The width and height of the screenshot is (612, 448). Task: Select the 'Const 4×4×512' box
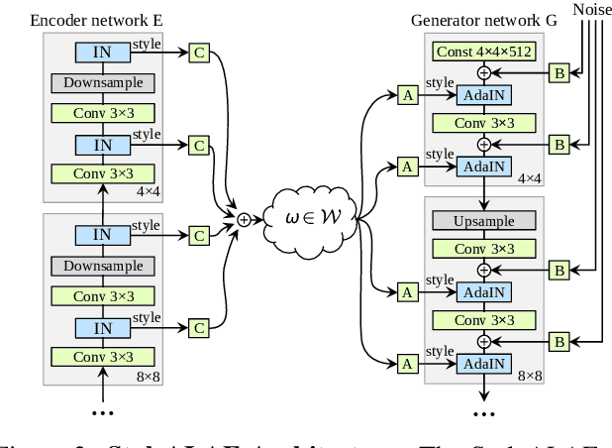[483, 51]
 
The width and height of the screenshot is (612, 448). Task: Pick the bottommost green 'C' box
[200, 327]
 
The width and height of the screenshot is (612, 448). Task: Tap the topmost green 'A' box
[406, 96]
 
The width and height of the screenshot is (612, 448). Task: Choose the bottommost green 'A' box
[406, 365]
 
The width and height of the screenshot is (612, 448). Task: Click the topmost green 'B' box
[558, 73]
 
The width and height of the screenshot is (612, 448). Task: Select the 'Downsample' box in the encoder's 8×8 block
[102, 266]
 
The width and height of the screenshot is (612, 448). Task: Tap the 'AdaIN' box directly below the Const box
[483, 96]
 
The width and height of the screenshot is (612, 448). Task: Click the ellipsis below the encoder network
[102, 410]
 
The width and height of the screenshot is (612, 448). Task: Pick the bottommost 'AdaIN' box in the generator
[483, 365]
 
